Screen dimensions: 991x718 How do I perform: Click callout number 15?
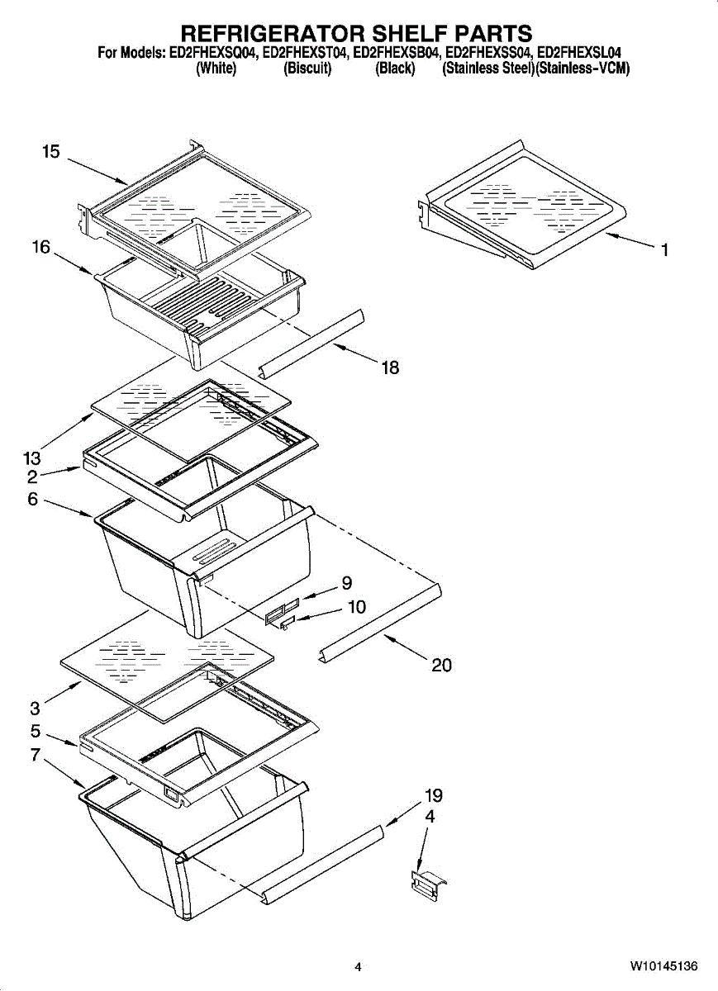(51, 152)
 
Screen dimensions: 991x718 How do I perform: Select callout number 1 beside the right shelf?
(663, 250)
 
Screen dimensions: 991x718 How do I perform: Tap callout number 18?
(390, 368)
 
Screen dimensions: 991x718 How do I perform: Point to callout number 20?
(442, 665)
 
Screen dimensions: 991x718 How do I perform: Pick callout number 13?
(31, 457)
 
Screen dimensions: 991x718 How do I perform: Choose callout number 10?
(356, 607)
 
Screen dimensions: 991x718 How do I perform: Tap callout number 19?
(434, 796)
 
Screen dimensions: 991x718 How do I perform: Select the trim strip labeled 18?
(311, 342)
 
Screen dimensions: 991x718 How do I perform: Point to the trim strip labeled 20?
(380, 621)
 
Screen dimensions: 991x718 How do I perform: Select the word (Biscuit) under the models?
(307, 69)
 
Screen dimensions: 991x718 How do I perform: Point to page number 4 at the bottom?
(358, 967)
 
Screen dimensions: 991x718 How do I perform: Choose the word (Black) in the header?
(395, 69)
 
